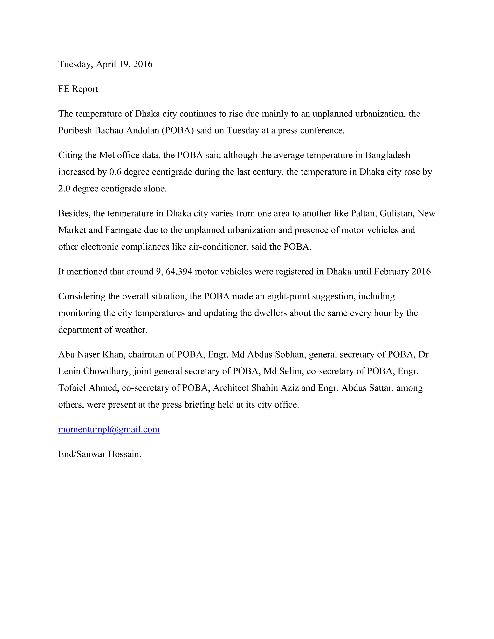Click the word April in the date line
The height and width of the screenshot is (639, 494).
tap(106, 64)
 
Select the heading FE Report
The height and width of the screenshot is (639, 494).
tap(78, 89)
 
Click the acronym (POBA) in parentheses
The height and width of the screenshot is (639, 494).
tap(178, 130)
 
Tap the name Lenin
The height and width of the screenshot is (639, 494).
tap(70, 371)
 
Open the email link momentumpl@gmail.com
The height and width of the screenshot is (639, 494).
tap(109, 429)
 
